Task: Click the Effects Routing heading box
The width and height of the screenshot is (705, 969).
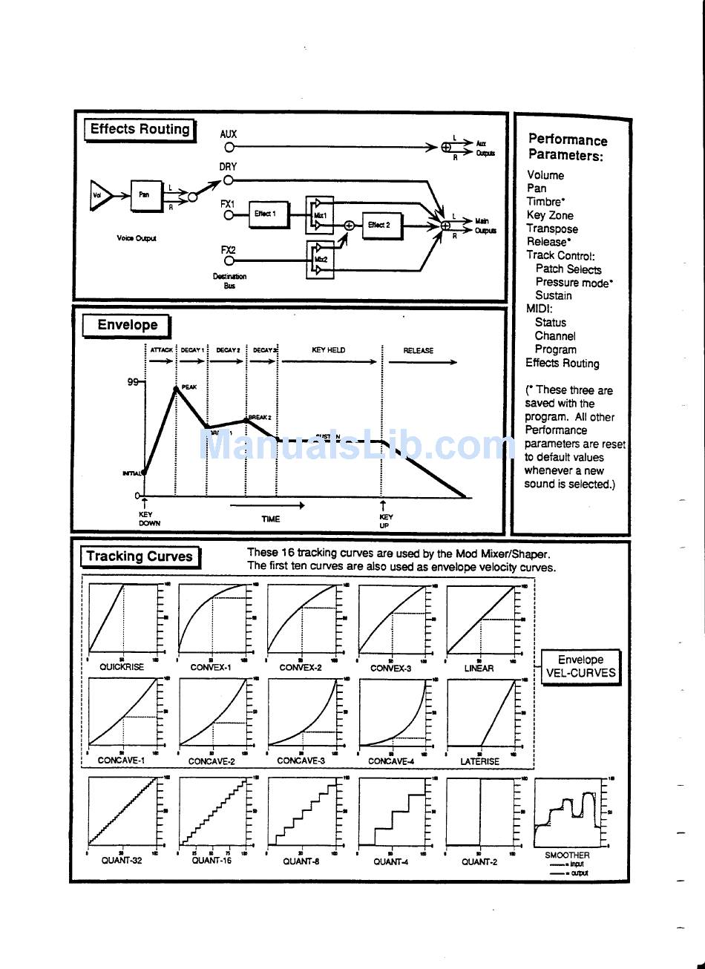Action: (140, 129)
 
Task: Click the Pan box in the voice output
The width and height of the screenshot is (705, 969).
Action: (145, 195)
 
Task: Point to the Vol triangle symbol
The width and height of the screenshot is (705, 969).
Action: (100, 196)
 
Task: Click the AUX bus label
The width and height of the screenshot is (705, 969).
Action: (229, 134)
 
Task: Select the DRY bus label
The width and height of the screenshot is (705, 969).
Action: (228, 167)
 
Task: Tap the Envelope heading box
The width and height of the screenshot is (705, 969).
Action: (127, 325)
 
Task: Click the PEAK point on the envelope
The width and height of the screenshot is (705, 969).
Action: (177, 387)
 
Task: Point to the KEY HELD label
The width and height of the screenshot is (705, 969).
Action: (329, 350)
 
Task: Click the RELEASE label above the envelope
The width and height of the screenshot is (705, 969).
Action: (419, 351)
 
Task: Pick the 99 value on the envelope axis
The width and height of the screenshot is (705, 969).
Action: (133, 382)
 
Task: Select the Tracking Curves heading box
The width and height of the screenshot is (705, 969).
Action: (140, 556)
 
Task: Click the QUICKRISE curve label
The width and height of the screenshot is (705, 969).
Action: (122, 667)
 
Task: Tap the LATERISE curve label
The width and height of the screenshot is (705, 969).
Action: (479, 761)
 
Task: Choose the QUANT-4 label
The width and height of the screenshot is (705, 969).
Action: (391, 861)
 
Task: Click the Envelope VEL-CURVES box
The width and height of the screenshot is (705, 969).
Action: (580, 666)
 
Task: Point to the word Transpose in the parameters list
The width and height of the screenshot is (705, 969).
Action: (552, 229)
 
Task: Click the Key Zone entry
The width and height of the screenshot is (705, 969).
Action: (550, 215)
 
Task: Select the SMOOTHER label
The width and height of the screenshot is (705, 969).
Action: (567, 855)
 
